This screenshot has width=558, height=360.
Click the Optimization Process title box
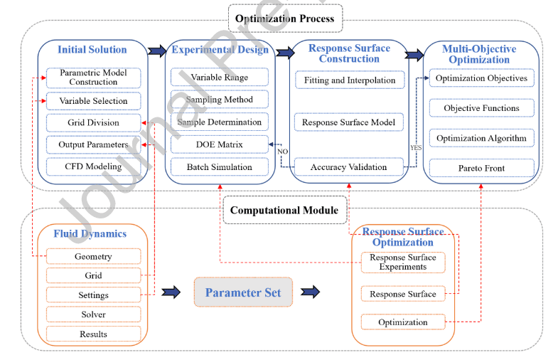pyautogui.click(x=285, y=18)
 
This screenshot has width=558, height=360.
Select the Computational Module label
pyautogui.click(x=284, y=210)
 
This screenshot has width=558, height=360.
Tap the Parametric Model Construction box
pyautogui.click(x=94, y=78)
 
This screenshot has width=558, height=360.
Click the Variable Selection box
pyautogui.click(x=94, y=101)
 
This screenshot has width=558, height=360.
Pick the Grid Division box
pyautogui.click(x=94, y=123)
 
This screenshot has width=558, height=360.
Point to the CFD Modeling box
pyautogui.click(x=94, y=166)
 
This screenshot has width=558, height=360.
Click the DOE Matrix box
pyautogui.click(x=219, y=144)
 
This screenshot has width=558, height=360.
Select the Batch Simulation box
pyautogui.click(x=219, y=167)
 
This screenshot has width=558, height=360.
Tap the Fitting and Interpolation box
pyautogui.click(x=349, y=80)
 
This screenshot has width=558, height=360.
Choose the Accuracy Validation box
pyautogui.click(x=349, y=167)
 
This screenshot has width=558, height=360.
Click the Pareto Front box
pyautogui.click(x=481, y=169)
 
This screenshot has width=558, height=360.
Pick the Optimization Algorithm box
pyautogui.click(x=481, y=138)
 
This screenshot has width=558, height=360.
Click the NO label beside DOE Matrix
pyautogui.click(x=281, y=152)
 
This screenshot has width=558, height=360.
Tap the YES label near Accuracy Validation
pyautogui.click(x=416, y=148)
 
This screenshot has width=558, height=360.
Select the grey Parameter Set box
pyautogui.click(x=243, y=292)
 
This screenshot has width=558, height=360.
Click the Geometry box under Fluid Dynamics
pyautogui.click(x=94, y=256)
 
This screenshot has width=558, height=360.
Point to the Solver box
pyautogui.click(x=94, y=314)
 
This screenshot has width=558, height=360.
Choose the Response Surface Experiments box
pyautogui.click(x=403, y=262)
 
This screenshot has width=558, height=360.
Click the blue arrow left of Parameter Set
pyautogui.click(x=171, y=292)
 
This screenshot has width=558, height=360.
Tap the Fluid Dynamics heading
pyautogui.click(x=90, y=233)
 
